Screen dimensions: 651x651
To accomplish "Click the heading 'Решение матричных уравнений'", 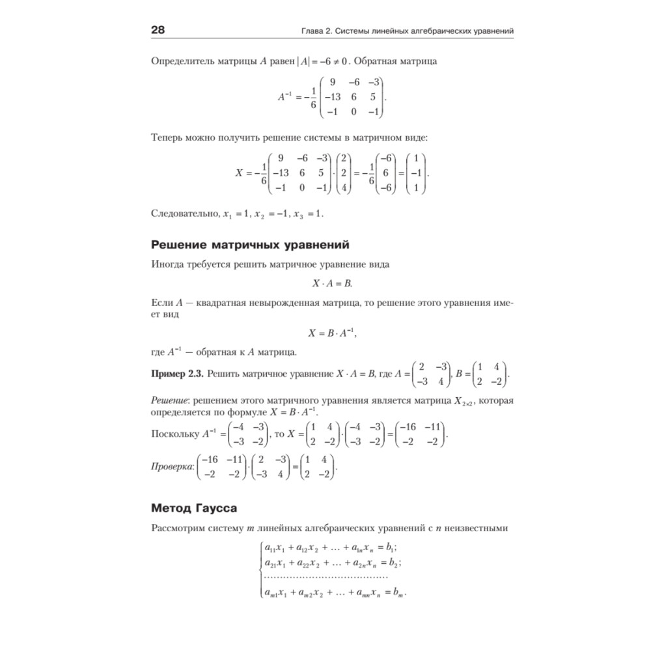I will click(250, 245).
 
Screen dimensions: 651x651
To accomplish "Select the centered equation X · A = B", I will click(333, 284).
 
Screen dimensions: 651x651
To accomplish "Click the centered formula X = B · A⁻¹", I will click(333, 333).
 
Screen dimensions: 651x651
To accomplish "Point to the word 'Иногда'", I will click(168, 264).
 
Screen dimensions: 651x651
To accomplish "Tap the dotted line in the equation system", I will click(325, 577).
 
